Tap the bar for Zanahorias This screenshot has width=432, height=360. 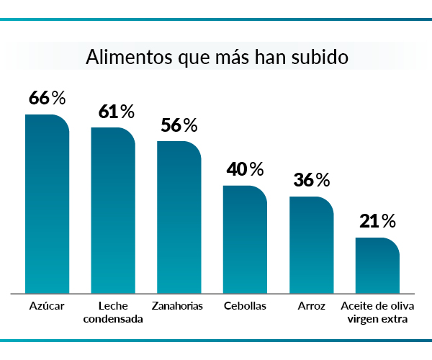[179, 217]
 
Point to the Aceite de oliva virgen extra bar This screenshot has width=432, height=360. [378, 266]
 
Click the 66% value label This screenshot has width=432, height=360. [47, 98]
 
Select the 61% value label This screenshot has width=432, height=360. [117, 112]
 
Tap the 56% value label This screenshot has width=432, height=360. [179, 125]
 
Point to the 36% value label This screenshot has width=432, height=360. [312, 180]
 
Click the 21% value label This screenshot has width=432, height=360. [378, 221]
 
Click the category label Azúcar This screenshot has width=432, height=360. [48, 306]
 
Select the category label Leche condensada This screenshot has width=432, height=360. [113, 312]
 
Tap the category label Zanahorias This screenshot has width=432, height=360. [177, 306]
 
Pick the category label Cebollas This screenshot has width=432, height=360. [245, 306]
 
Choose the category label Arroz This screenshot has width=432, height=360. [311, 306]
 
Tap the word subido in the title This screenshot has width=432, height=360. [320, 58]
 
